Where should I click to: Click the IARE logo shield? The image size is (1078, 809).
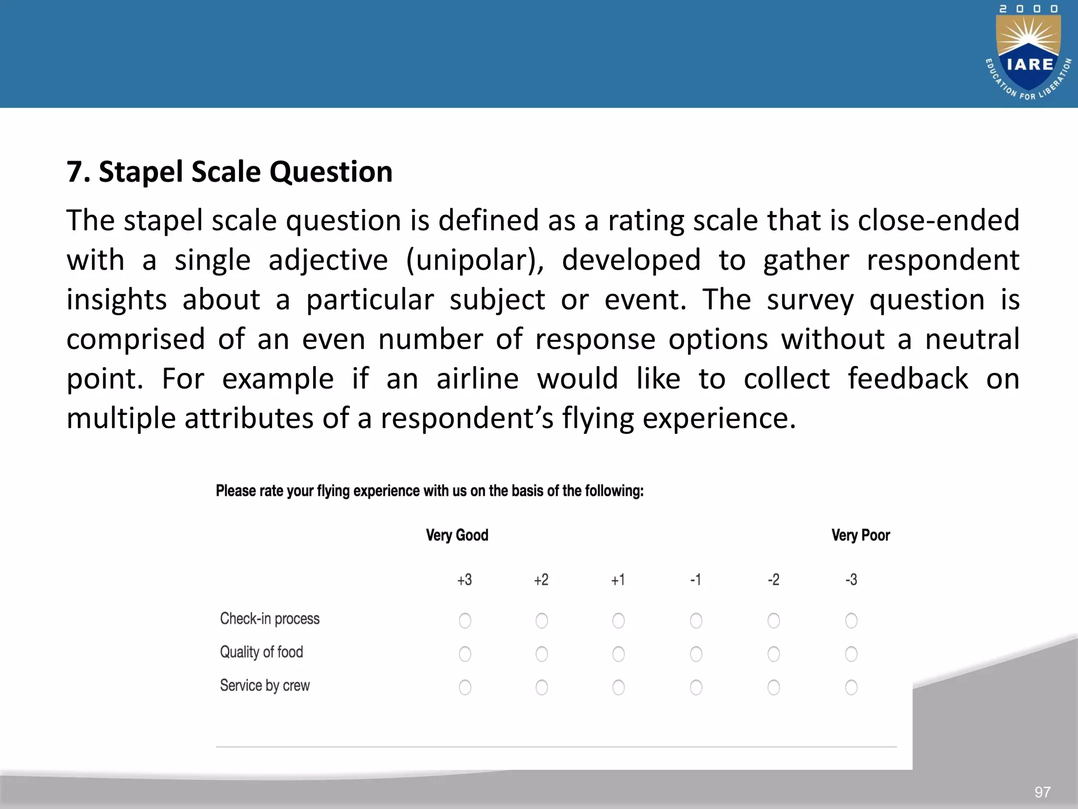1029,53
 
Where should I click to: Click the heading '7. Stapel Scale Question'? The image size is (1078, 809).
229,172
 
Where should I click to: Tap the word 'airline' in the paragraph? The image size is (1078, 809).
477,379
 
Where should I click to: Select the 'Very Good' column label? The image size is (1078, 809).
457,535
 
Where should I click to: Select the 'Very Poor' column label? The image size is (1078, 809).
861,535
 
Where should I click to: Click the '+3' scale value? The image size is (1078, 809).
464,580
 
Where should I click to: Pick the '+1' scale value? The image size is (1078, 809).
618,580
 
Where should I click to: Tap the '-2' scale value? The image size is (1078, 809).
773,580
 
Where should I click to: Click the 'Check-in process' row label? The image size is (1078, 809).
269,618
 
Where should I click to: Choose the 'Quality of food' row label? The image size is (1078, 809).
261,652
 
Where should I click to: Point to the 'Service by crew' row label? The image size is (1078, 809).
265,685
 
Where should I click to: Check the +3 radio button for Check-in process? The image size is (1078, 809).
465,620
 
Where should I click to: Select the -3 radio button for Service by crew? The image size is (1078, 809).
851,687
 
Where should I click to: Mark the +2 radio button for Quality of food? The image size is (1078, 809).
542,654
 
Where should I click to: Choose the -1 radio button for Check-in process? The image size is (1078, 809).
696,620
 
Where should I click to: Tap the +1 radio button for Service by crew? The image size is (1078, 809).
618,687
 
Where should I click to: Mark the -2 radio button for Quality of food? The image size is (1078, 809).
773,654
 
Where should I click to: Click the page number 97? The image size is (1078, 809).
1042,792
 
